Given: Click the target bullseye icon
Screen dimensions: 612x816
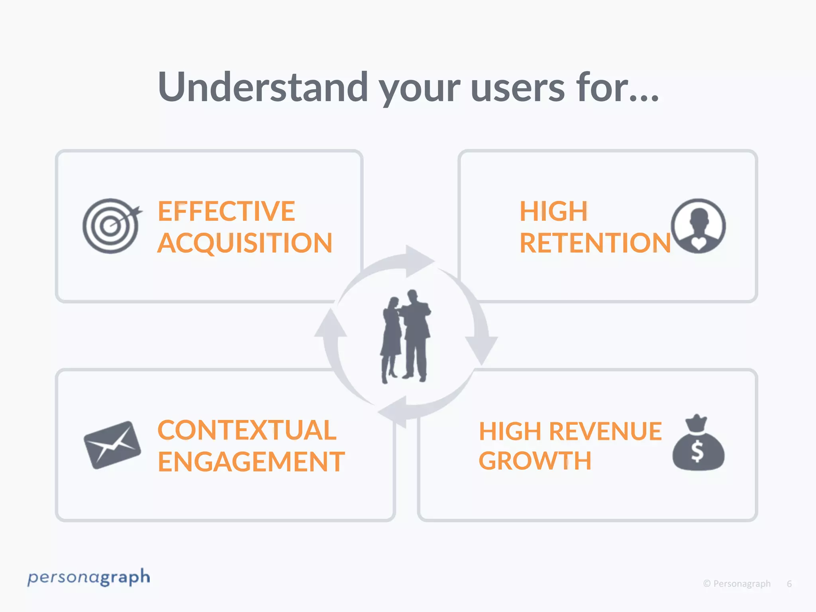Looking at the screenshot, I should (x=111, y=226).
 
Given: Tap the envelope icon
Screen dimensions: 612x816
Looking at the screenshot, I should (x=112, y=445).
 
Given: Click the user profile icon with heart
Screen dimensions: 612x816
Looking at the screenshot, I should (x=698, y=226).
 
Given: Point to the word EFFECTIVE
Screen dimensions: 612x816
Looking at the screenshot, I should (x=226, y=211).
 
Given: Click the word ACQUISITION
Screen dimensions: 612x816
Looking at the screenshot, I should (x=245, y=243).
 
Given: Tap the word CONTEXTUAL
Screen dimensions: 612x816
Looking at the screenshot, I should (x=247, y=430).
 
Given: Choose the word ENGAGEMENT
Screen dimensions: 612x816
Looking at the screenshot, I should (x=251, y=462).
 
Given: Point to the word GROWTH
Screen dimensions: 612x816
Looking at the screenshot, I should (x=535, y=461).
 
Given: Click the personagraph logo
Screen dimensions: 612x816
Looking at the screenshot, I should (x=88, y=577).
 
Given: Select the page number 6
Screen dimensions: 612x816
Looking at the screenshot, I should (x=789, y=584).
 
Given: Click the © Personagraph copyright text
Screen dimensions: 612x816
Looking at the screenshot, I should (x=737, y=584).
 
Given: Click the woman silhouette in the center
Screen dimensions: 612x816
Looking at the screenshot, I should (x=391, y=339).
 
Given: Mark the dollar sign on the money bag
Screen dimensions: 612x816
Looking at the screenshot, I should (x=697, y=452).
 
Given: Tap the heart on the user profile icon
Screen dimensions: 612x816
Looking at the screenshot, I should (x=698, y=243).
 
